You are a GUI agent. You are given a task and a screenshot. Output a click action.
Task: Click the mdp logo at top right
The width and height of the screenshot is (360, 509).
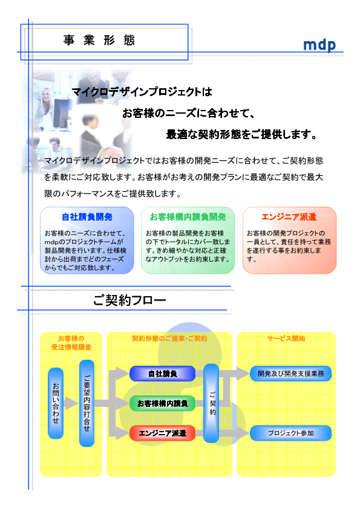[x=319, y=45]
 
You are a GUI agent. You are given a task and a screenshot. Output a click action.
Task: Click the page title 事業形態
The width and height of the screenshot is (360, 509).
[x=99, y=41]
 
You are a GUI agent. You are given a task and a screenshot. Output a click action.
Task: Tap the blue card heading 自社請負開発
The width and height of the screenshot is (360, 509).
[x=87, y=217]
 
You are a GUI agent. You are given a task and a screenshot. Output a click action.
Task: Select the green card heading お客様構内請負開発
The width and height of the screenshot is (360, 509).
[x=188, y=217]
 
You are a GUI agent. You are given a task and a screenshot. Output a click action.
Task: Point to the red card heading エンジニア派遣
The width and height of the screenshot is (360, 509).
[x=289, y=217]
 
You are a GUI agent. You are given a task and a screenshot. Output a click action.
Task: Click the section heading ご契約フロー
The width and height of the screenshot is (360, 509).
[x=129, y=300]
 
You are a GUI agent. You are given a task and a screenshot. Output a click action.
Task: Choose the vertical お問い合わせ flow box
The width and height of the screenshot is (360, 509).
[x=56, y=403]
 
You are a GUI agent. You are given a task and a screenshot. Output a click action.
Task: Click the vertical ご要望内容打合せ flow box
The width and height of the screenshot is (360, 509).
[x=87, y=403]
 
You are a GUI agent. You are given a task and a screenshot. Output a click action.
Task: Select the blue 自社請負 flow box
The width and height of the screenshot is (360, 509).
[x=163, y=374]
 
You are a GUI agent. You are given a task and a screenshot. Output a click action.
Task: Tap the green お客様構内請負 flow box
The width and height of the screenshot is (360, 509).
[x=163, y=403]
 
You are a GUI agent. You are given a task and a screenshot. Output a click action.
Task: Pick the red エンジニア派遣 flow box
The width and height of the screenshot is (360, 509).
[x=163, y=433]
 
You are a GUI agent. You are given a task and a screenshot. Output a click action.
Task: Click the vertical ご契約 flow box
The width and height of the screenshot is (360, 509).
[x=211, y=403]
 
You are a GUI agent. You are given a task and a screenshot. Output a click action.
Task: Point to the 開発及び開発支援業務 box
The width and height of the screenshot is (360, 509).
[x=291, y=374]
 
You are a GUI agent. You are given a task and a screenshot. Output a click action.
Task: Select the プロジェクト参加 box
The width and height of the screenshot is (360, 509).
[x=291, y=433]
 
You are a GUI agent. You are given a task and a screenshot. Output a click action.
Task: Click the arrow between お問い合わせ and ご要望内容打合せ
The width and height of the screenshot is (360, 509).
[x=71, y=403]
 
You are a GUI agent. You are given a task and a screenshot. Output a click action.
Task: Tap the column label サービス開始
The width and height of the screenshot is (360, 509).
[x=286, y=339]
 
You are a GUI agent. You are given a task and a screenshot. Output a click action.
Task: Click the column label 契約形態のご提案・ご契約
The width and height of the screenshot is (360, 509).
[x=169, y=339]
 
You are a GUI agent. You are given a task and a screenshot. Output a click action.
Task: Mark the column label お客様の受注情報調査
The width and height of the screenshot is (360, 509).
[x=71, y=343]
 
